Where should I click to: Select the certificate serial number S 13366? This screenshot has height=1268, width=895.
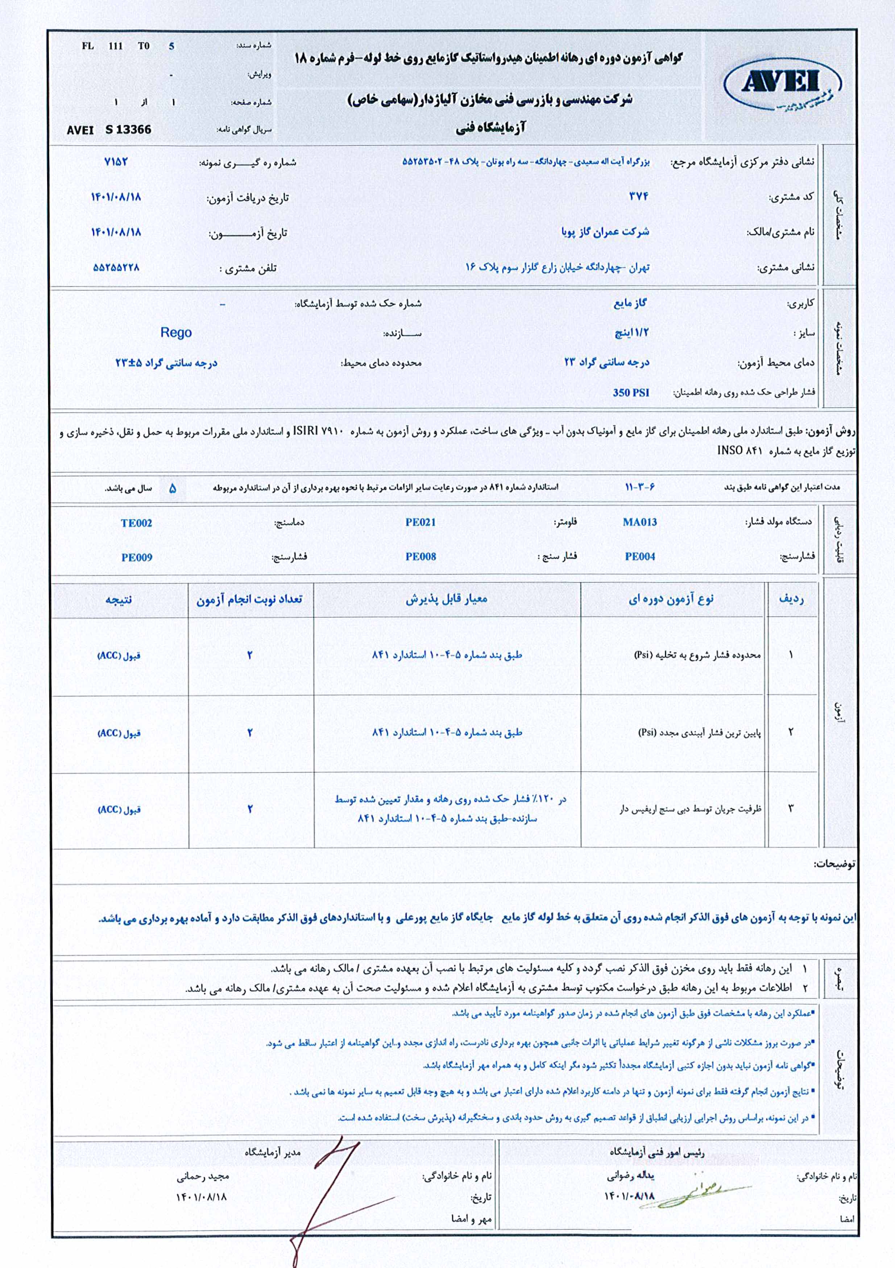click(128, 130)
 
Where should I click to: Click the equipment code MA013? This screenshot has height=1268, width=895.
click(639, 522)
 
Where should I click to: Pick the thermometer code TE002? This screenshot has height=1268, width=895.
click(136, 523)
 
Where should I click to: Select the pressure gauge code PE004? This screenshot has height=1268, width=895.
click(639, 557)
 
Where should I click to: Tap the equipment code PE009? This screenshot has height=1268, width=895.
click(136, 557)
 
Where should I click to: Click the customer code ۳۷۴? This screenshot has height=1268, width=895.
click(638, 197)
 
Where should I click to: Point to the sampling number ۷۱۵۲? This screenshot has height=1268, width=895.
click(116, 162)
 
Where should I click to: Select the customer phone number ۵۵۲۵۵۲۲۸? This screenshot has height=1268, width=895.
click(116, 268)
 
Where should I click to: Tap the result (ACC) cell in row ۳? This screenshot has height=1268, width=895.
click(119, 810)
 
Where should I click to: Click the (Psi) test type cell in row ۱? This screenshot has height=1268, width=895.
click(697, 655)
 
